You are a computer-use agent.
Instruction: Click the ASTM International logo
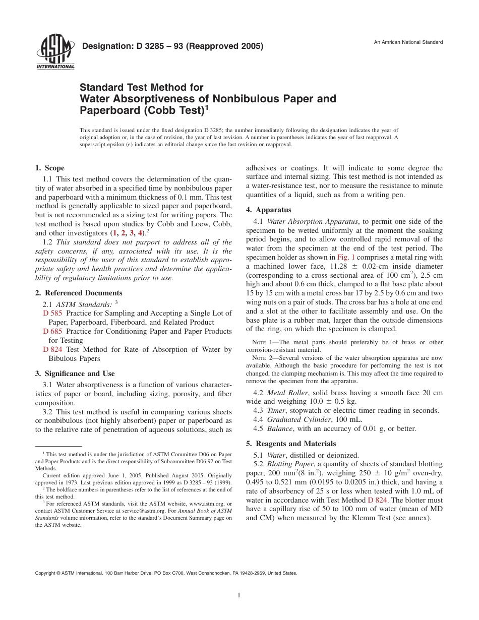pos(54,52)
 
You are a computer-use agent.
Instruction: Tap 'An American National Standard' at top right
pos(408,42)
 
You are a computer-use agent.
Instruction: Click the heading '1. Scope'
pos(49,168)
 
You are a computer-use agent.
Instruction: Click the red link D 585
pos(52,314)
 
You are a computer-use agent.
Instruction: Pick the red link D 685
pos(52,331)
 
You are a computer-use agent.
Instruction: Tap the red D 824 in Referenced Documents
pos(52,349)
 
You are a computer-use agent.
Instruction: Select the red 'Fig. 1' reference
pos(346,257)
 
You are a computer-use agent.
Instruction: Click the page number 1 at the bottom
pos(239,595)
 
